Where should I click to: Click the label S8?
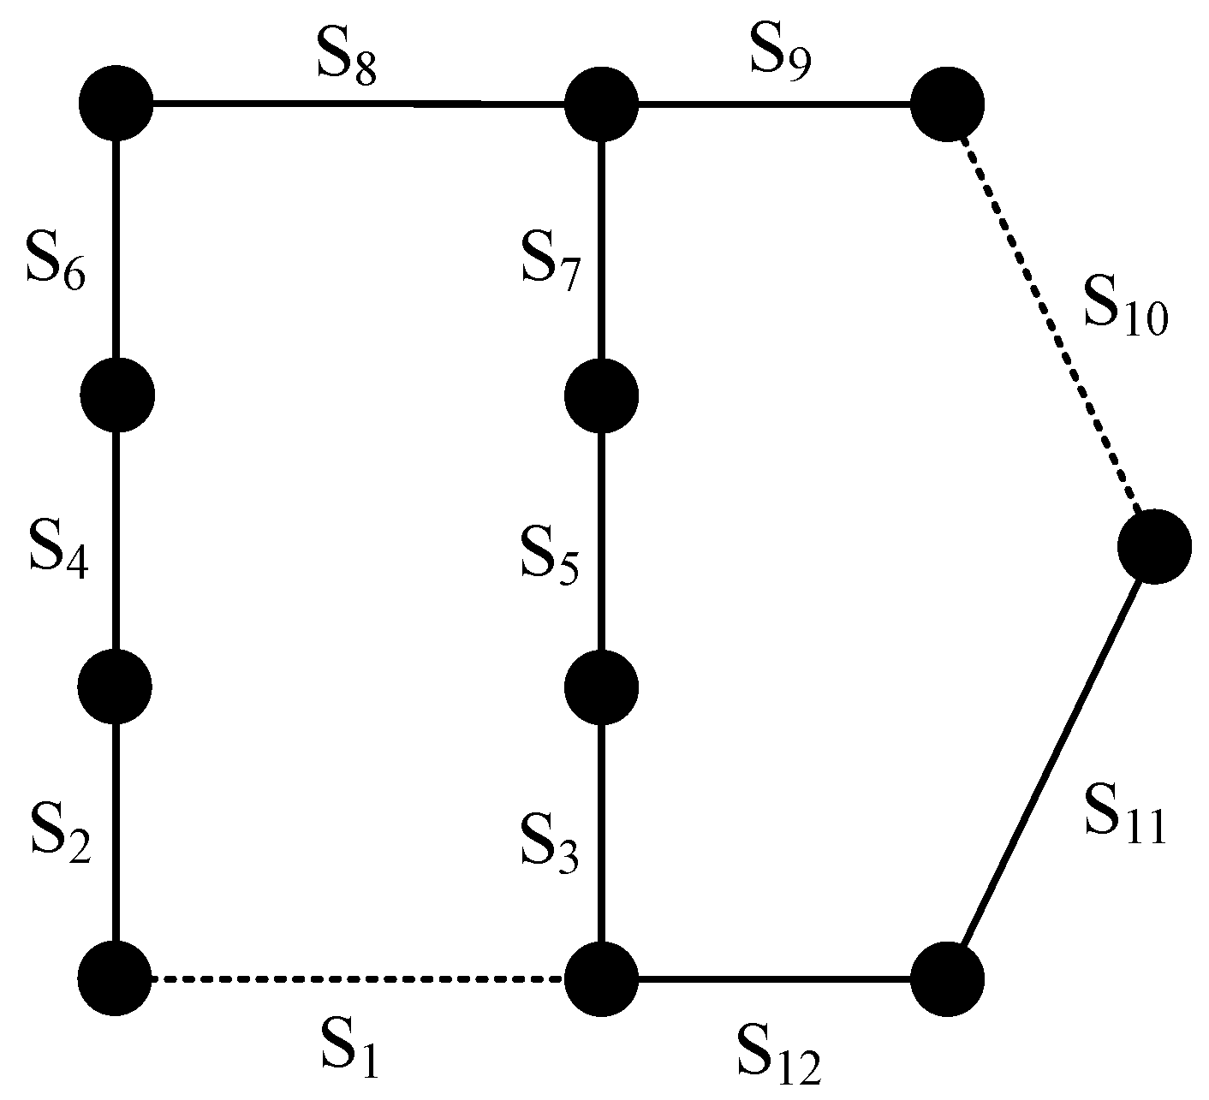[346, 61]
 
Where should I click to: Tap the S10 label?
[1124, 309]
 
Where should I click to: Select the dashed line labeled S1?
[360, 978]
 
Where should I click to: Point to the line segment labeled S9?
[775, 104]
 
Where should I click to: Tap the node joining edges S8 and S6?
[116, 104]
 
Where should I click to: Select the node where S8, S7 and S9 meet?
[601, 104]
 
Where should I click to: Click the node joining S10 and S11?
[1154, 545]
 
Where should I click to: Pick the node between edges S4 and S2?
[116, 686]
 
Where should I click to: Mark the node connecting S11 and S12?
[947, 978]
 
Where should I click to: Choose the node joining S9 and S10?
[947, 104]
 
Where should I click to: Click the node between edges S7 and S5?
[601, 395]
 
